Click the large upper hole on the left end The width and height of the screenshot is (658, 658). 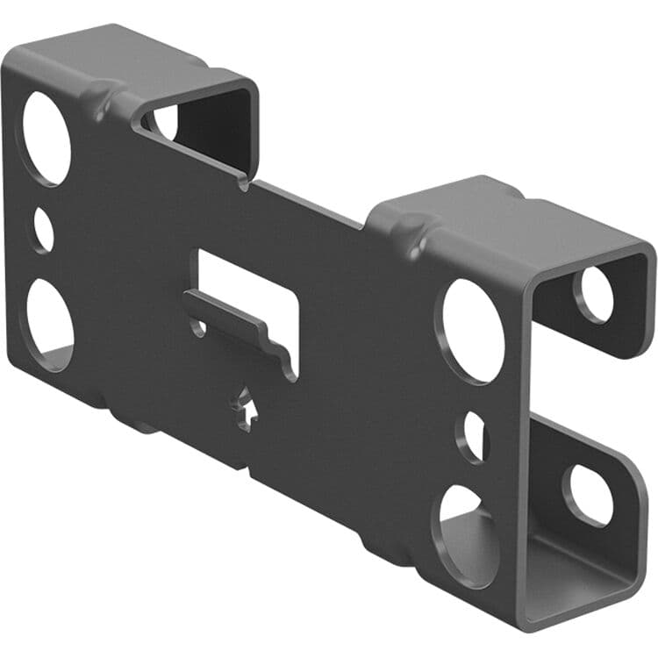coord(46,138)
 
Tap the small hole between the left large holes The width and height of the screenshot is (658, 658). coord(43,231)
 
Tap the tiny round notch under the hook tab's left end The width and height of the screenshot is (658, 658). coord(200,328)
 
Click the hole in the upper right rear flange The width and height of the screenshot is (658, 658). coord(595,294)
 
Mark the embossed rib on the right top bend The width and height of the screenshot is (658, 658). coord(412,230)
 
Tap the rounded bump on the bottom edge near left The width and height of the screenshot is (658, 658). coord(140,427)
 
